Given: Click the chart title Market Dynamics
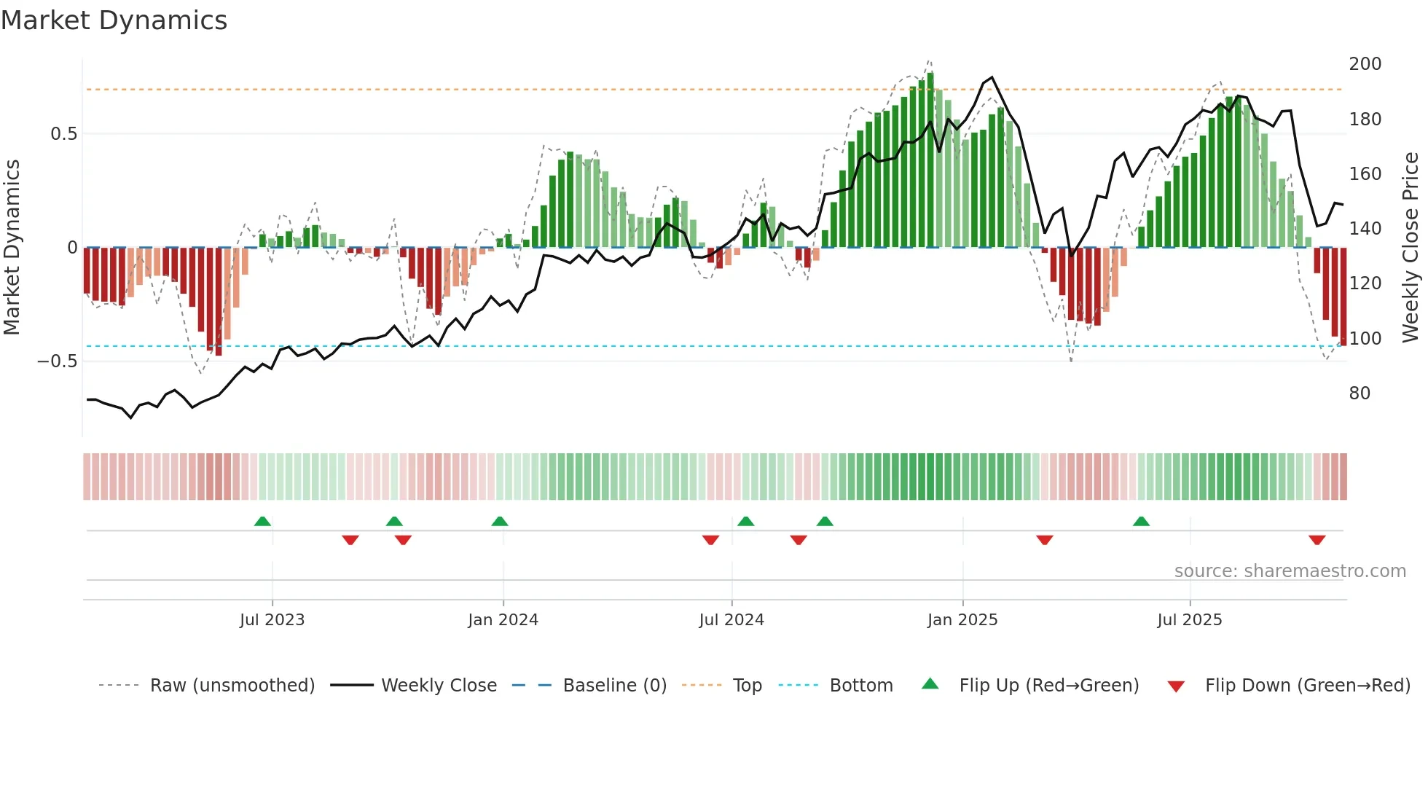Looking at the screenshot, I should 114,20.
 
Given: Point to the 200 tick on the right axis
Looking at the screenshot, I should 1365,64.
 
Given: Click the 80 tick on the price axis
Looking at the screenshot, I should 1360,393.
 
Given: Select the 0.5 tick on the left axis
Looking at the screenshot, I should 63,134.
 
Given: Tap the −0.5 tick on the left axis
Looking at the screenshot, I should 58,361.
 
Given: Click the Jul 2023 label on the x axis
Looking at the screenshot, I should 272,620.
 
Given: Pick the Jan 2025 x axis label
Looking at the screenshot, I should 962,620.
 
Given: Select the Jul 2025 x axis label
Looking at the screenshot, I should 1189,620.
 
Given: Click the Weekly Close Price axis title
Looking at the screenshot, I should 1411,248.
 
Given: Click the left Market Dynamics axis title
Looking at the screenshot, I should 12,248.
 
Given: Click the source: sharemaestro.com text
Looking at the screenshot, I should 1290,571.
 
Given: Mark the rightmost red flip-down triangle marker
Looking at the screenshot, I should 1317,540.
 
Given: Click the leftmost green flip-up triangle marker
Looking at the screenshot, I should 262,521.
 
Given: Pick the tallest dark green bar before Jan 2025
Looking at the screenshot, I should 930,160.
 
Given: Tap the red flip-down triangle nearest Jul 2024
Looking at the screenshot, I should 710,540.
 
